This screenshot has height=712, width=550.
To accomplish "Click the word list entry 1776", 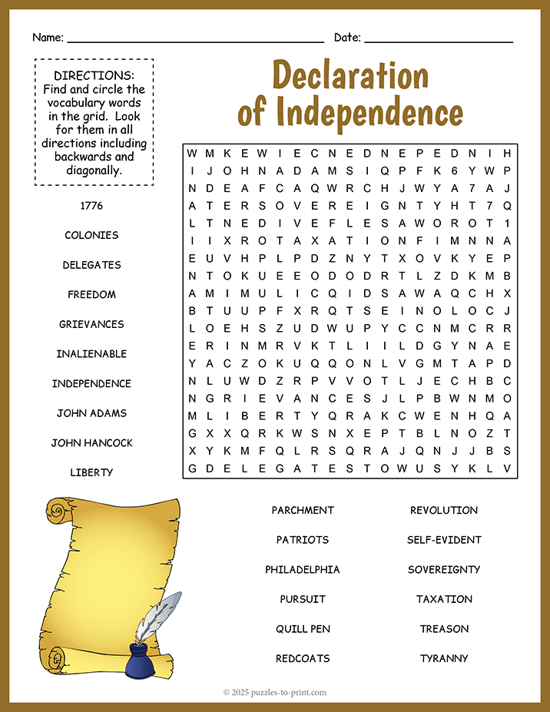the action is [91, 206].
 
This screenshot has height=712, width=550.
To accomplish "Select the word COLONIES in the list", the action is [91, 235].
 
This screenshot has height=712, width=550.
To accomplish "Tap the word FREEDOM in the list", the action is [91, 294].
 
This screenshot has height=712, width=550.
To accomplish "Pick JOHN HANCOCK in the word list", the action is [91, 442].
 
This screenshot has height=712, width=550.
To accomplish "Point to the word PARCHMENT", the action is [303, 510].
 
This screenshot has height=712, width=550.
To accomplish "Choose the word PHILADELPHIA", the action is [303, 569].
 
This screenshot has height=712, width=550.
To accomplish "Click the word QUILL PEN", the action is [303, 628].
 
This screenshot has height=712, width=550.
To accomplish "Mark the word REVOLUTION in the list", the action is [444, 510].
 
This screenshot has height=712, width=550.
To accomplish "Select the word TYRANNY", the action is [444, 658].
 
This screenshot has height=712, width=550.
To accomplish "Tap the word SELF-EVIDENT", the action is [444, 539].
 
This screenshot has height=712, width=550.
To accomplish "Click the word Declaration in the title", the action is [350, 77].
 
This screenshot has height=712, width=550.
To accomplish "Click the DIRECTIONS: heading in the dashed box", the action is [94, 75].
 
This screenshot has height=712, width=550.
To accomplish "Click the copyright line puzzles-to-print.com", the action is [275, 692].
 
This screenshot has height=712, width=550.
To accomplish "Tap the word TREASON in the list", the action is [444, 628].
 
